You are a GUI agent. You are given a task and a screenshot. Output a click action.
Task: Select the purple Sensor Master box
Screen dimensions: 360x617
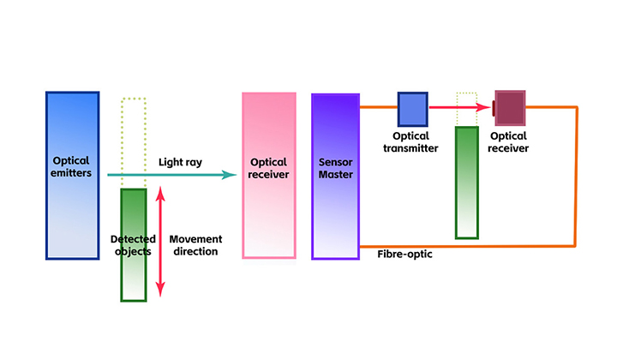coord(335,214)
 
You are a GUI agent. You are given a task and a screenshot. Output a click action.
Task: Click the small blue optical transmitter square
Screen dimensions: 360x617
coord(412,109)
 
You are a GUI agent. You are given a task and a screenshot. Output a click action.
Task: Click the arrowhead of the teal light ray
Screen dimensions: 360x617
coord(230,175)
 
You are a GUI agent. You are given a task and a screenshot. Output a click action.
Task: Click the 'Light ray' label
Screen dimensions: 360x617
coord(180,162)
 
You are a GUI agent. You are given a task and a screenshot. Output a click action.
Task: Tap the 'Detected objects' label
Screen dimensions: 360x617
coord(131,245)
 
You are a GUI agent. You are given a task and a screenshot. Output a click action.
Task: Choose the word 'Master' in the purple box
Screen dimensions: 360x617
coord(335,176)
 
